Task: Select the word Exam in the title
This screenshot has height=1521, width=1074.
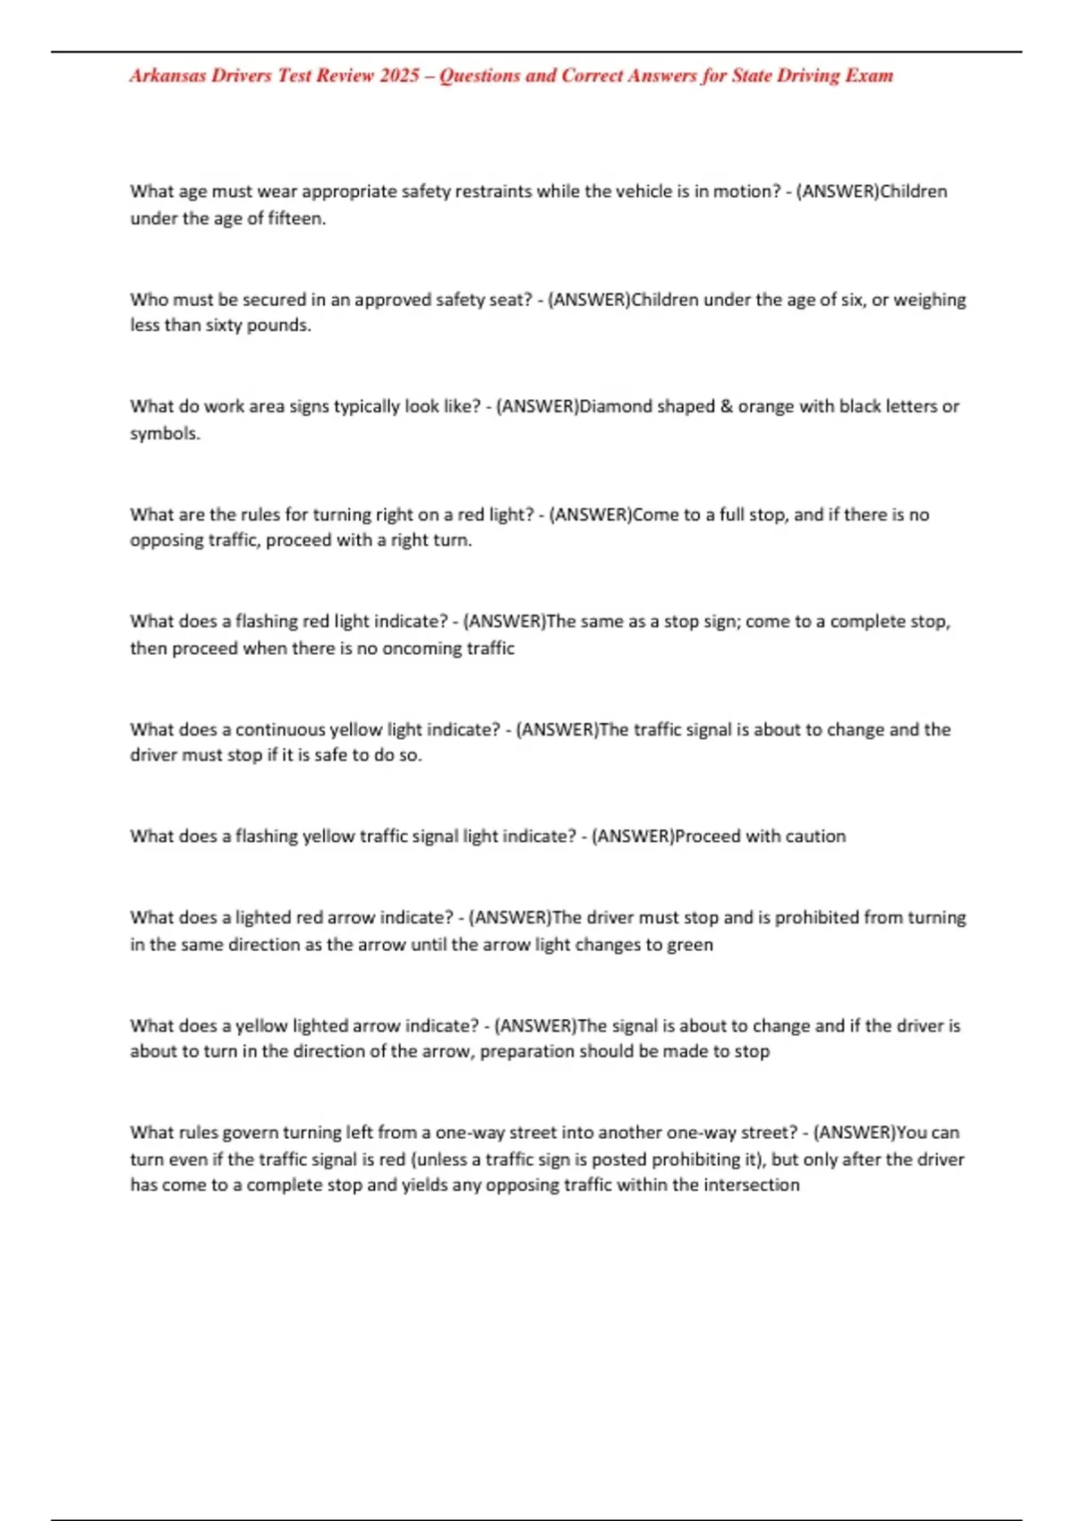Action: pyautogui.click(x=869, y=76)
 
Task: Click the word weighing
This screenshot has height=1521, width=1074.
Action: pyautogui.click(x=931, y=300)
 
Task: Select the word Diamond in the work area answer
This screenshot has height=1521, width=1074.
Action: pyautogui.click(x=616, y=406)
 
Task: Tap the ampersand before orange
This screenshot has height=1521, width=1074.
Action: pyautogui.click(x=726, y=406)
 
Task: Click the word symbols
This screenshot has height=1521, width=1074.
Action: pyautogui.click(x=164, y=434)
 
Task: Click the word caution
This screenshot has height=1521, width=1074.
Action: pyautogui.click(x=812, y=837)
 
